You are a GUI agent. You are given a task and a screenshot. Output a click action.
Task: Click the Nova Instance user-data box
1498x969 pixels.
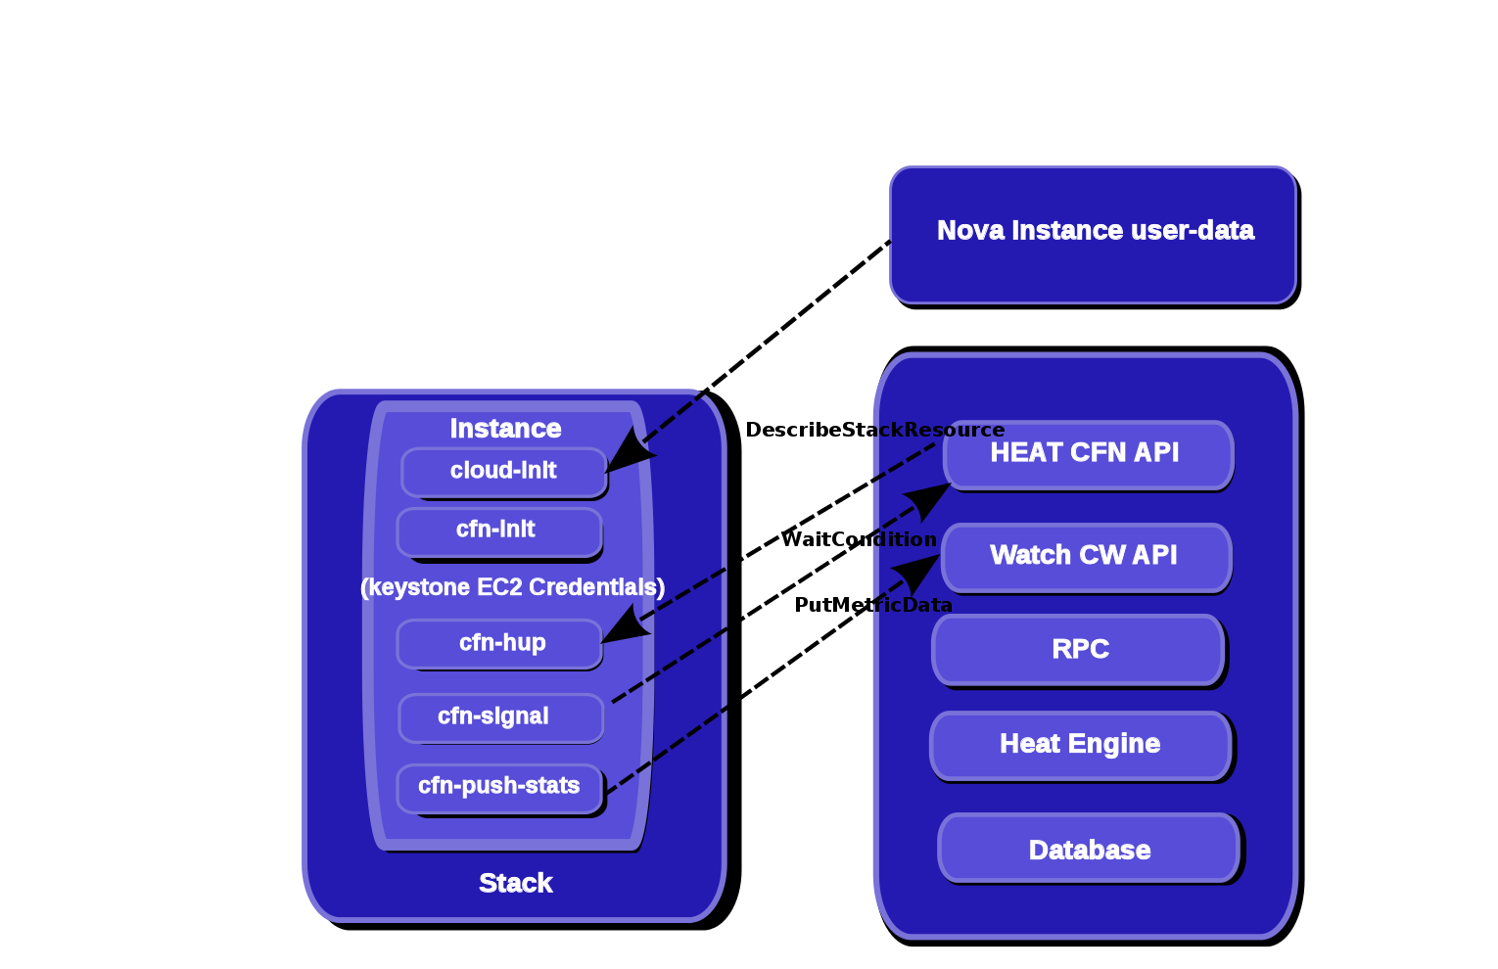click(1094, 235)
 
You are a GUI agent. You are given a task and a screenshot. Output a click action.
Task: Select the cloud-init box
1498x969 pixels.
click(503, 472)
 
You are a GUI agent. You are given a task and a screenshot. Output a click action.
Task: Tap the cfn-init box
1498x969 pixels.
click(499, 532)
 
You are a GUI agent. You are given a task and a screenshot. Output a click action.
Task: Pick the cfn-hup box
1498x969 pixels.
click(499, 644)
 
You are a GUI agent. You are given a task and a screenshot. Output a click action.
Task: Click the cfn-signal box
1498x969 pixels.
click(501, 718)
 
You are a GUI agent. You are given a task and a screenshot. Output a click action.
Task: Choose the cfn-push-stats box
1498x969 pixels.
click(500, 789)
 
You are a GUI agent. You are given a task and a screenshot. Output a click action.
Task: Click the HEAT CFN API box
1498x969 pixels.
click(1088, 455)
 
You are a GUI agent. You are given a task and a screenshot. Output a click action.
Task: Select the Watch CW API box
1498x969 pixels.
click(1086, 558)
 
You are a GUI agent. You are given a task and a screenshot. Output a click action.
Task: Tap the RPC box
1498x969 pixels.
click(1078, 651)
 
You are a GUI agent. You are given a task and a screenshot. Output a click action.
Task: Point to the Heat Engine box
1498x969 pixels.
click(1081, 746)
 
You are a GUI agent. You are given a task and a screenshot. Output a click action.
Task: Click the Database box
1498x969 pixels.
click(1090, 848)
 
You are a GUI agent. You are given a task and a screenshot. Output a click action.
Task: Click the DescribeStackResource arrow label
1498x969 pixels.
click(874, 430)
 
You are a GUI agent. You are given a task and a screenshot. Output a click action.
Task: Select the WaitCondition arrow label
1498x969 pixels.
click(859, 539)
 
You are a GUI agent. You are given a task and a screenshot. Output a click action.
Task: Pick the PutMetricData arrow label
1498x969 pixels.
click(873, 605)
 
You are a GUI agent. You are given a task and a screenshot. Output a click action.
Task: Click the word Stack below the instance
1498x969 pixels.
click(516, 884)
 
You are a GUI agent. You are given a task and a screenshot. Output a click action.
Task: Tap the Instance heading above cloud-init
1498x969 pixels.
click(505, 429)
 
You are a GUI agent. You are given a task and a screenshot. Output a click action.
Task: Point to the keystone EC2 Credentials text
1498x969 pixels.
click(513, 587)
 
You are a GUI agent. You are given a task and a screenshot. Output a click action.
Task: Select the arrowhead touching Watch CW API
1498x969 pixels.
click(917, 574)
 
